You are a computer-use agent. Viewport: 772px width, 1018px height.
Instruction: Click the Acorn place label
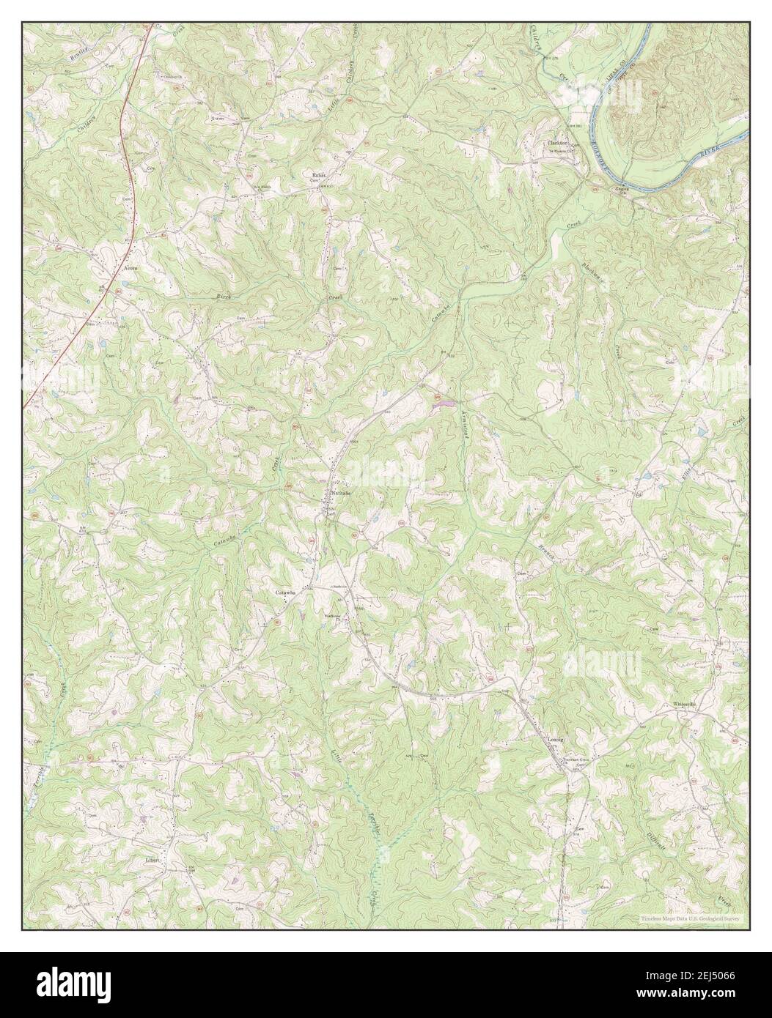click(x=130, y=267)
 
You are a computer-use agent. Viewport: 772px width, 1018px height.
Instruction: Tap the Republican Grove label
click(x=318, y=176)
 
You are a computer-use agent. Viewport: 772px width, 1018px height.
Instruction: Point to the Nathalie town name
click(x=341, y=494)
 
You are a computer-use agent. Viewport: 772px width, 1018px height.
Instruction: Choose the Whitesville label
click(x=683, y=705)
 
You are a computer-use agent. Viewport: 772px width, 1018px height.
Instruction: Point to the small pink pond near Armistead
click(x=441, y=402)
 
